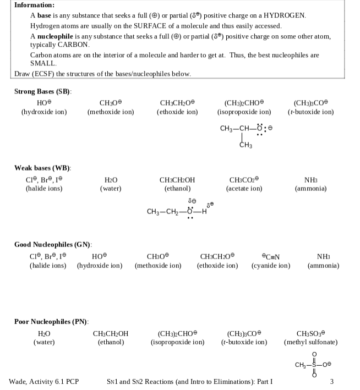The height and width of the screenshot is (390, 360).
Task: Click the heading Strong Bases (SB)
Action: tap(43, 91)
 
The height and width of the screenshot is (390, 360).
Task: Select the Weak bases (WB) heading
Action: tap(42, 167)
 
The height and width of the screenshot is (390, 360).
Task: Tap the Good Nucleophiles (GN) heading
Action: tap(53, 244)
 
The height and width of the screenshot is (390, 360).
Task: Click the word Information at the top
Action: tap(34, 4)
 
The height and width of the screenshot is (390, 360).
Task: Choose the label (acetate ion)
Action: tap(244, 189)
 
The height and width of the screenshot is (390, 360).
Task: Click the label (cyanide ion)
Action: tap(271, 266)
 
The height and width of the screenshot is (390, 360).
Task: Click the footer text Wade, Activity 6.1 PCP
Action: tap(43, 381)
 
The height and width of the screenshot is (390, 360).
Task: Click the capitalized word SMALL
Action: tap(43, 64)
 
